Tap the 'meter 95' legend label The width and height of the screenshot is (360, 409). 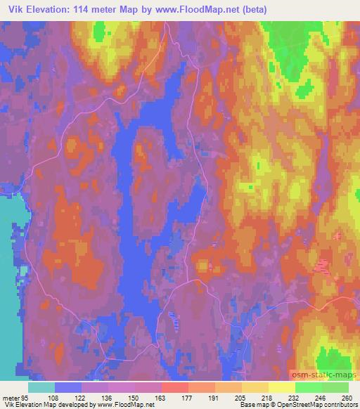[16, 397]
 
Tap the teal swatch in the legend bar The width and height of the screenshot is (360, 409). [41, 387]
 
